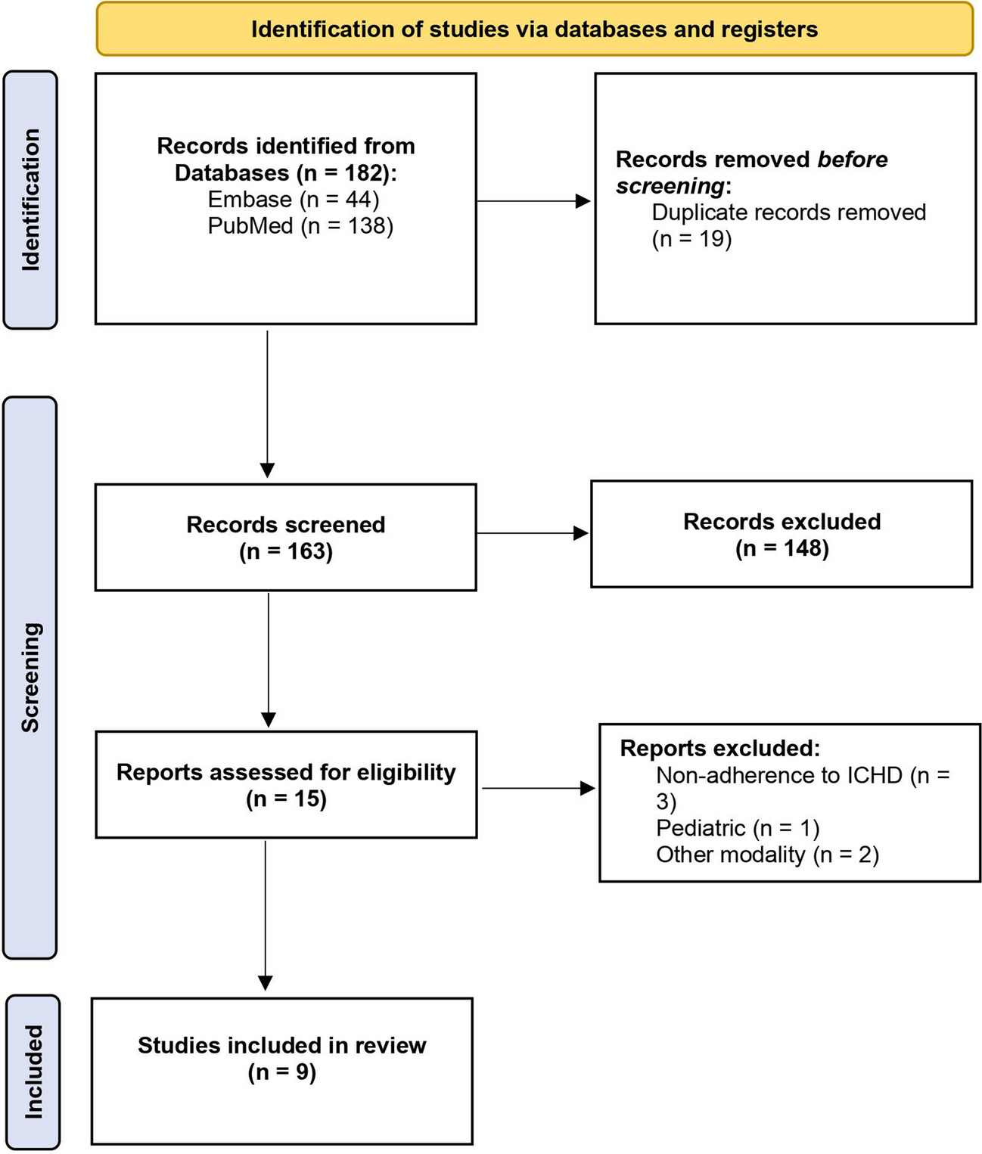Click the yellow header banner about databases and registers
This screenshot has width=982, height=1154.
535,29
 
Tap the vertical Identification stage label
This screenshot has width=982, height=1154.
30,200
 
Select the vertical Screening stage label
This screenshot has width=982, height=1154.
30,678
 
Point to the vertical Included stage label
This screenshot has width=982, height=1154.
33,1072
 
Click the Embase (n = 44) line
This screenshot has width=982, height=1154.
294,200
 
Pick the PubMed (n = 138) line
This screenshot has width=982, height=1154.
300,226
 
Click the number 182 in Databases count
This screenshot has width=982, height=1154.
366,172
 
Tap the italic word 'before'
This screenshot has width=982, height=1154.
853,160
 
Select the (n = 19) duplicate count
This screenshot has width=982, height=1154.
691,239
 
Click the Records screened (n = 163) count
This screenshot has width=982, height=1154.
286,551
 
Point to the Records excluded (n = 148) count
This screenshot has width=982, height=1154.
782,548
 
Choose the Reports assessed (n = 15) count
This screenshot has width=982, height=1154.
286,799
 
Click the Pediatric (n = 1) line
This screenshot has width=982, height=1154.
738,828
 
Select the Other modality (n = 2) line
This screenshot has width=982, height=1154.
767,855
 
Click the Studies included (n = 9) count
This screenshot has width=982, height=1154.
282,1072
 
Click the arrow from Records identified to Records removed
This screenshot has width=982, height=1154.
533,201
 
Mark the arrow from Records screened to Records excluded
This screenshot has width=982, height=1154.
533,533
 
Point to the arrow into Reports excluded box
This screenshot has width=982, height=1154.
539,788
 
